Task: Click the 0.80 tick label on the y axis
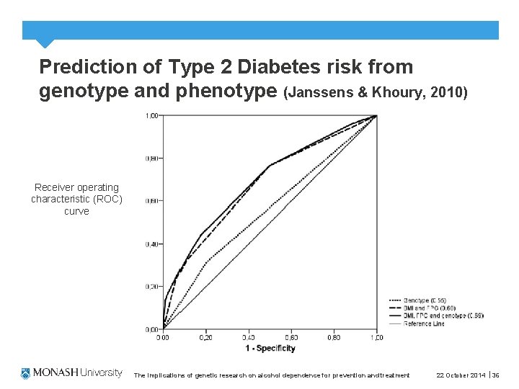(153, 158)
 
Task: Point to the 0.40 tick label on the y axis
(153, 244)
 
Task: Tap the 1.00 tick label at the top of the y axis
(153, 115)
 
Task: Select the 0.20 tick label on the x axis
(205, 337)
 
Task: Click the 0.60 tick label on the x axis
(291, 337)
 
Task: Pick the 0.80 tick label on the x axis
(334, 337)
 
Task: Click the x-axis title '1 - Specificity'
(270, 349)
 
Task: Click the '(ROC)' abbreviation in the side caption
(108, 200)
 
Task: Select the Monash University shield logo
(26, 373)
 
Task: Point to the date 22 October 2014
(461, 375)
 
